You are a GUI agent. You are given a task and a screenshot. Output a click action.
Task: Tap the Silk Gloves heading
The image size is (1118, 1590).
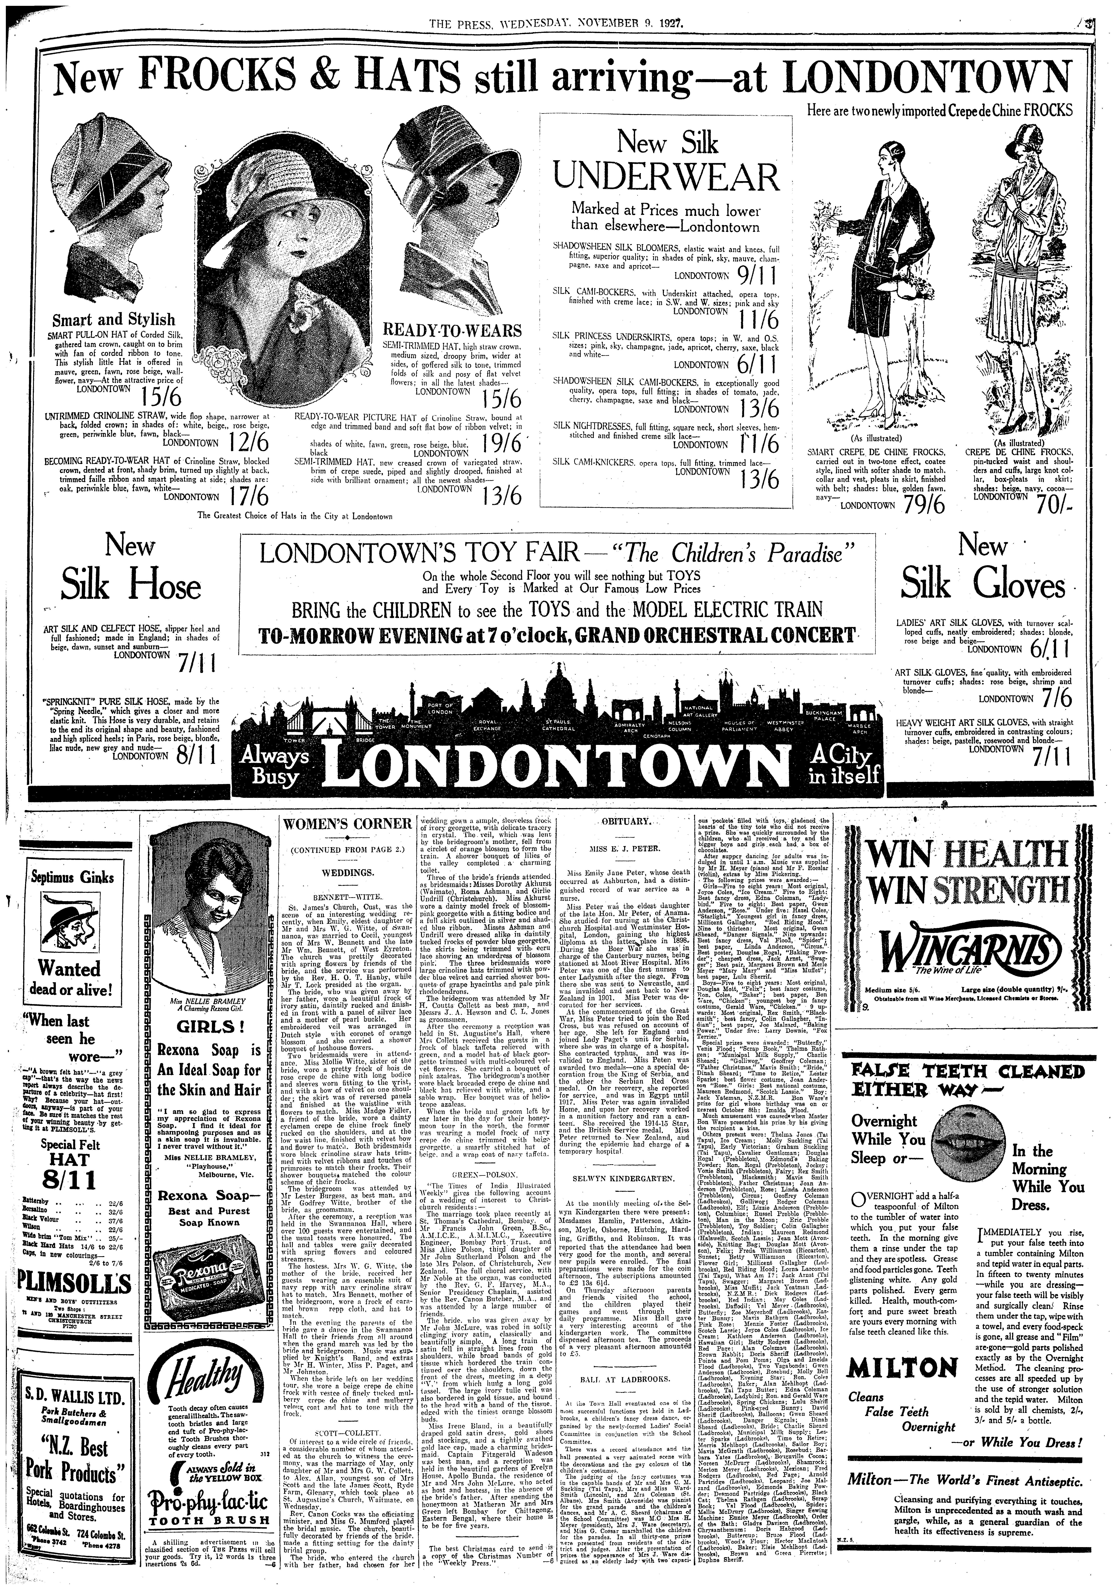pyautogui.click(x=983, y=587)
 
